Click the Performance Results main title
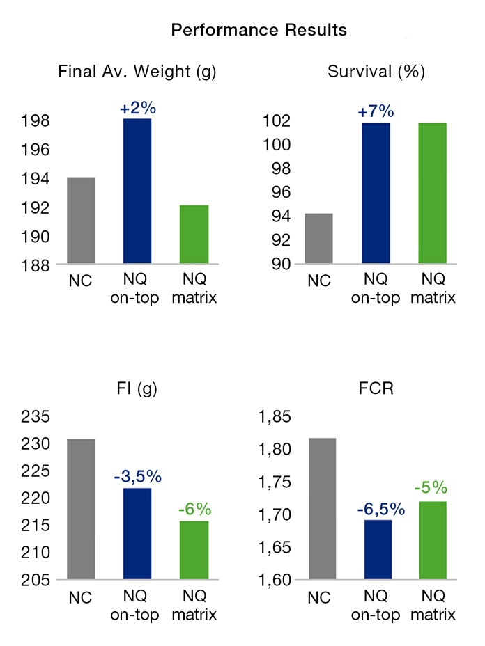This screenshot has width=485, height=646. tap(259, 30)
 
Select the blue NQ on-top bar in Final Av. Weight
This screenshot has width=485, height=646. tap(137, 191)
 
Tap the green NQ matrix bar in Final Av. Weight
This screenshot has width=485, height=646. tap(194, 235)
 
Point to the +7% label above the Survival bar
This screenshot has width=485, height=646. tap(376, 111)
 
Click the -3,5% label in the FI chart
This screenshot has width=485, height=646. tap(137, 477)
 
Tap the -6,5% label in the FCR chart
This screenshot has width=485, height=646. tap(376, 508)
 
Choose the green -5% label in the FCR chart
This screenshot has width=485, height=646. tap(433, 489)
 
